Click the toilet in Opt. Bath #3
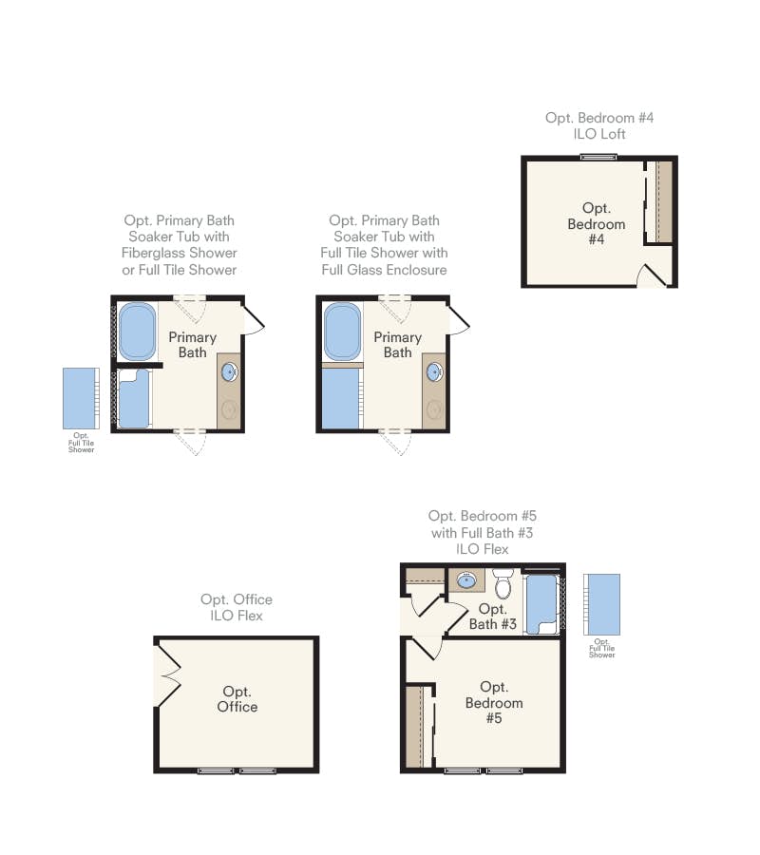point(503,583)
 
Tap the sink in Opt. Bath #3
point(466,580)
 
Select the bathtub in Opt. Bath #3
point(541,604)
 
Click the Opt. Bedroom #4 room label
point(596,223)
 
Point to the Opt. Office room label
point(237,699)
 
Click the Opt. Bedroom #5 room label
point(494,702)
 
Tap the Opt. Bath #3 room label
point(493,617)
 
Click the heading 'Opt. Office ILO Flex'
point(237,607)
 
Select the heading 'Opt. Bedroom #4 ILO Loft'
point(599,126)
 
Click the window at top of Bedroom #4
point(598,158)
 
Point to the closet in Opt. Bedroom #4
point(658,201)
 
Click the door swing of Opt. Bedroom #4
point(653,275)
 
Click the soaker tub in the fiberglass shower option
point(137,332)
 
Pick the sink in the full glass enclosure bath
point(434,372)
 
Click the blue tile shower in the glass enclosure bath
point(340,399)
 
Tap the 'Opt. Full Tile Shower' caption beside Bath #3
point(601,648)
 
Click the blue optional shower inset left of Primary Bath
point(81,399)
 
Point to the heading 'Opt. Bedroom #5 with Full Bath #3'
point(482,524)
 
